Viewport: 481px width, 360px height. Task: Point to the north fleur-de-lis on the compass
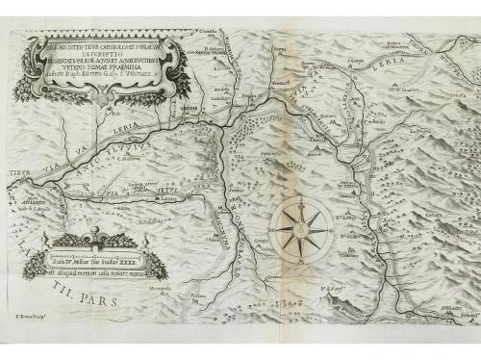tap(300, 199)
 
